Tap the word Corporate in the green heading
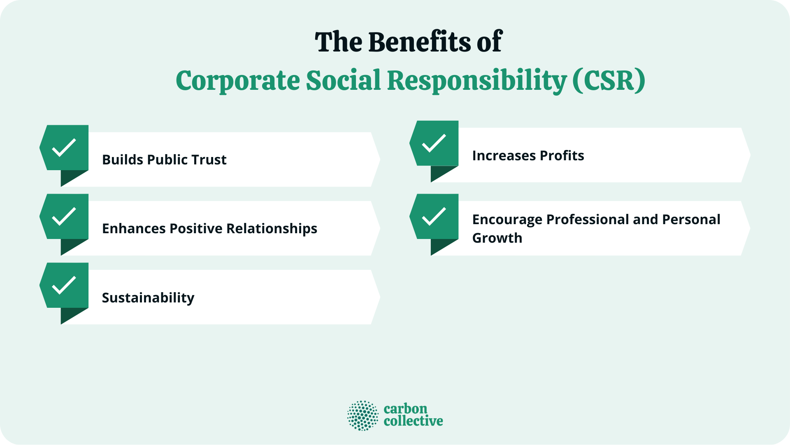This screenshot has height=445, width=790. pos(237,80)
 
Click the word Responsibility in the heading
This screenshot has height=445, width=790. pos(477,80)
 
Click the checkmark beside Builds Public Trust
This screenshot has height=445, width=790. pos(64,148)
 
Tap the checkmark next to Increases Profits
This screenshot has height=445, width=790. pos(434,143)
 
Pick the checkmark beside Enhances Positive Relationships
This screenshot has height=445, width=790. pos(64,216)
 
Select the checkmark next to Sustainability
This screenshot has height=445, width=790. pos(64,285)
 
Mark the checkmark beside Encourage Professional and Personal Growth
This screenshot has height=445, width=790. pos(434,216)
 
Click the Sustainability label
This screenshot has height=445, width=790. pos(148,298)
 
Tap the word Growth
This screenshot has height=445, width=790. pos(497,238)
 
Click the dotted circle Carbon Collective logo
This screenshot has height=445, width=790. pos(362,415)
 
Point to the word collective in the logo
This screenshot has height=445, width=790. pos(413,421)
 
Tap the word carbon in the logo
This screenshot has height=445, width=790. pos(405,409)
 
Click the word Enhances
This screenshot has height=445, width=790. pos(134,229)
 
